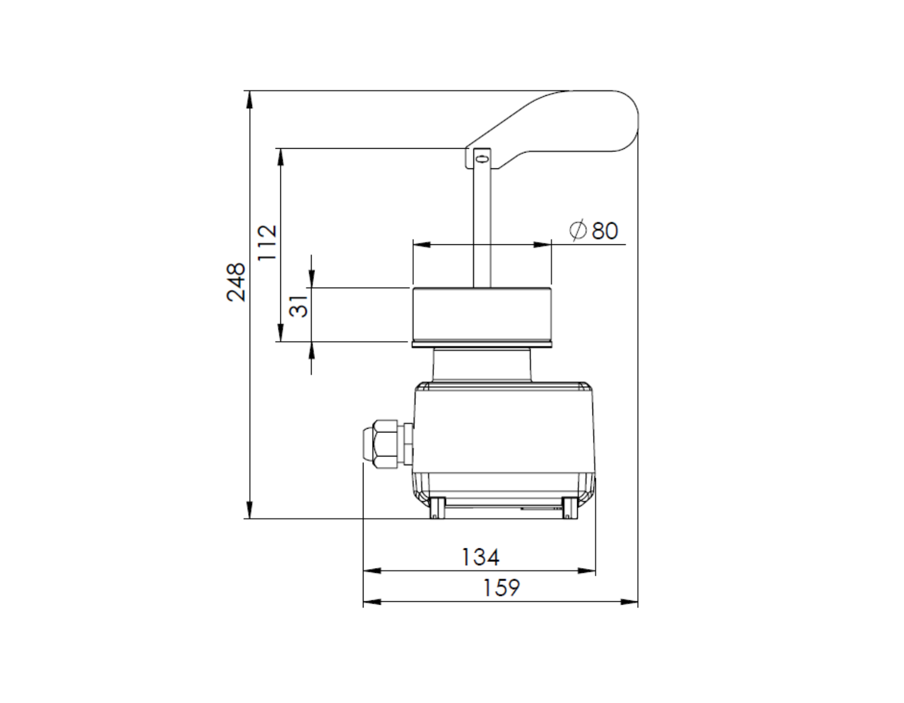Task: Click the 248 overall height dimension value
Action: [x=236, y=282]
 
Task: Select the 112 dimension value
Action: [x=267, y=243]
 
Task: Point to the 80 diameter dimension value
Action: [x=605, y=231]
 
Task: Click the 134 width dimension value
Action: [x=480, y=557]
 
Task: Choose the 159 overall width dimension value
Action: [x=501, y=588]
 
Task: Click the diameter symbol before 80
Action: [x=578, y=230]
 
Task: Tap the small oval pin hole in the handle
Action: [x=482, y=159]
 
